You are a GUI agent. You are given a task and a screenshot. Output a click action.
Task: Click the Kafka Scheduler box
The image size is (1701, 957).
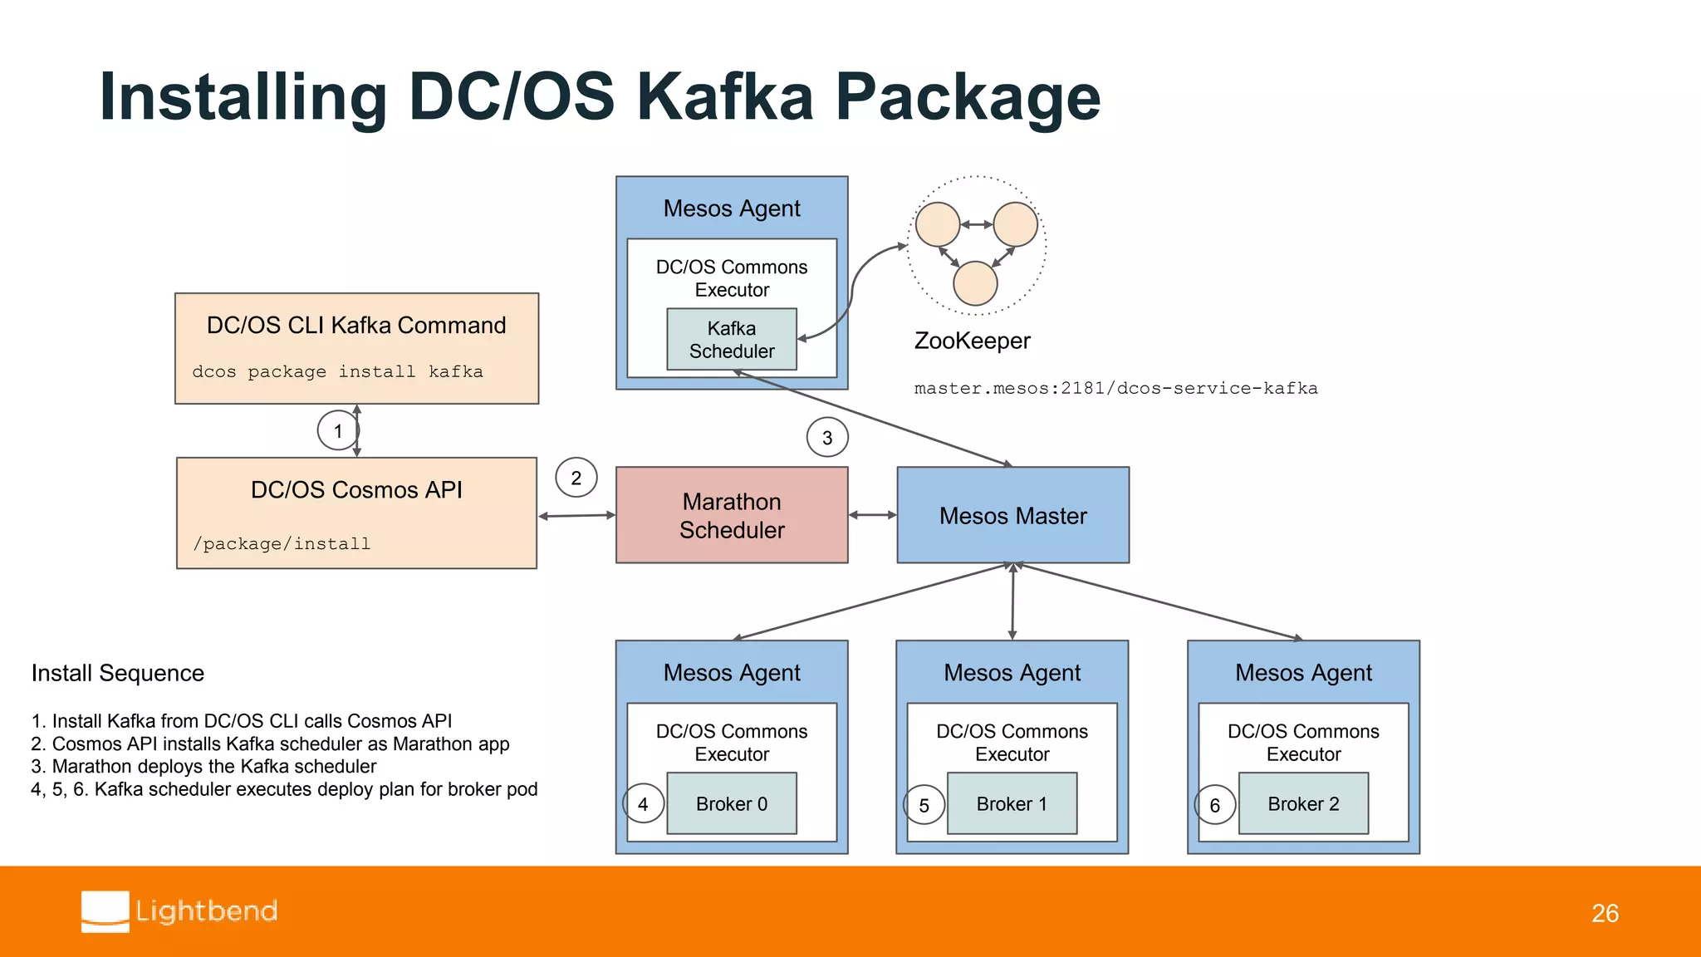(x=731, y=339)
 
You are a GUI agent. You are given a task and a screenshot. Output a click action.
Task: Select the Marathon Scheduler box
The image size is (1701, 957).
(x=731, y=515)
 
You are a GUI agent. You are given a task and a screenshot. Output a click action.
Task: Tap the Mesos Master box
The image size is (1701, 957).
(x=1012, y=515)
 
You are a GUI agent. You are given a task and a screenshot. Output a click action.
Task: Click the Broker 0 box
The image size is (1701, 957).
(x=731, y=803)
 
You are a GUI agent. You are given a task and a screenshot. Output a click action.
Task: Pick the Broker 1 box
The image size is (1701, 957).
(x=1011, y=803)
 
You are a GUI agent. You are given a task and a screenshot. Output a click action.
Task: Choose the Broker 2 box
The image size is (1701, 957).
(x=1302, y=803)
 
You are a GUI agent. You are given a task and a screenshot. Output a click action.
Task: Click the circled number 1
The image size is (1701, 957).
(x=337, y=430)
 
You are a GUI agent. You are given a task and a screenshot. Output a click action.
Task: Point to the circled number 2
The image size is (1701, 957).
(x=576, y=478)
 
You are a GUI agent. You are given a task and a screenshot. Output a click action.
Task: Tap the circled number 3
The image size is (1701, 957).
(x=826, y=438)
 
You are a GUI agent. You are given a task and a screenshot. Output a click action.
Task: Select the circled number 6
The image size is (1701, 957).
(x=1214, y=805)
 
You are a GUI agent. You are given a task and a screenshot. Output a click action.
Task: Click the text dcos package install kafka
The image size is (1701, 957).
(x=337, y=371)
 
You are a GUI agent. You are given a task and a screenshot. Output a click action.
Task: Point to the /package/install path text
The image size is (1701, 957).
(x=282, y=543)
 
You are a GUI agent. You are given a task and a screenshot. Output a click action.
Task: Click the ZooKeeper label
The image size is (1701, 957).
(x=972, y=341)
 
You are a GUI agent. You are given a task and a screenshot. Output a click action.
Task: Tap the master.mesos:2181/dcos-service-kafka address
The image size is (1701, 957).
(x=1115, y=388)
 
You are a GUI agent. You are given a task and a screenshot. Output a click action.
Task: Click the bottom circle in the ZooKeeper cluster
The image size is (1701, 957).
(x=975, y=283)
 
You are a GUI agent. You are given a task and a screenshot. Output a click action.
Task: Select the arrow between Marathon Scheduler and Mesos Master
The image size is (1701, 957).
(x=872, y=515)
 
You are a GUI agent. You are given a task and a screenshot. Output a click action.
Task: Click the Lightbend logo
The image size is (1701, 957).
(x=179, y=911)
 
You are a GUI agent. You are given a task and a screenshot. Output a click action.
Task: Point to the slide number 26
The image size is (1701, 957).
(x=1605, y=913)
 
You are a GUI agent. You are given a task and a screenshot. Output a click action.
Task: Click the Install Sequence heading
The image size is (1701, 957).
(x=117, y=673)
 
